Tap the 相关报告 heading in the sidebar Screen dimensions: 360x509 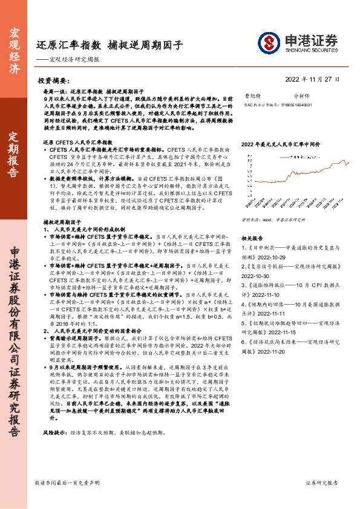[252, 221]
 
